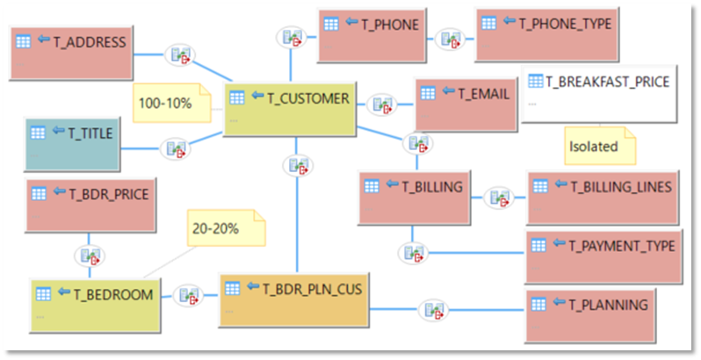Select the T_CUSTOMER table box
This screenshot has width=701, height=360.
(x=290, y=109)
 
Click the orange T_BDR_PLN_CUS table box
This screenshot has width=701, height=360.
(x=292, y=299)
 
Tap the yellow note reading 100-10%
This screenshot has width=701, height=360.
(x=174, y=104)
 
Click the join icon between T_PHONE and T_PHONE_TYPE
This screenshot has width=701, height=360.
(x=452, y=38)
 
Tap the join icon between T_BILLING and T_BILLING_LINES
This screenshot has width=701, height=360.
(x=500, y=198)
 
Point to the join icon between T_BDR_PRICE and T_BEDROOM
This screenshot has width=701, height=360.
(x=90, y=256)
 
